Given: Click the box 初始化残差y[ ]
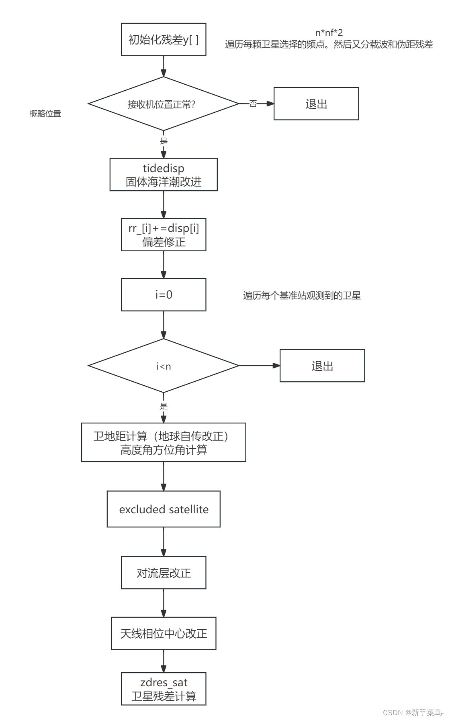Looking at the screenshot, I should (164, 39).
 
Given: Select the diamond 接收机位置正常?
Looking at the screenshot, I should (164, 104).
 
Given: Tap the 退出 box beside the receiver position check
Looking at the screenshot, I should (316, 104).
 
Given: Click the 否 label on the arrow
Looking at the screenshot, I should (253, 104).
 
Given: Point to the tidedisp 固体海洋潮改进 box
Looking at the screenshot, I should (164, 175).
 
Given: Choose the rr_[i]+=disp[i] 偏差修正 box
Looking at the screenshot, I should (164, 235).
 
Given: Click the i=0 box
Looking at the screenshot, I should (164, 295).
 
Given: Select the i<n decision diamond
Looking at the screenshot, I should (164, 366).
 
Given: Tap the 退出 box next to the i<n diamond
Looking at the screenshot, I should (322, 366).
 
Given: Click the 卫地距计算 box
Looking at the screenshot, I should (164, 442).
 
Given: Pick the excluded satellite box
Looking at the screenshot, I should (164, 509).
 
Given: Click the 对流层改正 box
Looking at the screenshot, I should (164, 573).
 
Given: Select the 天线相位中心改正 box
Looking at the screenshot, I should (164, 633).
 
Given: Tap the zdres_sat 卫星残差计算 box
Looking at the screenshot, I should (164, 689).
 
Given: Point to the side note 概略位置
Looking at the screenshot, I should (45, 114).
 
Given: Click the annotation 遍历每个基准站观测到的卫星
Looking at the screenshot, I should (302, 296).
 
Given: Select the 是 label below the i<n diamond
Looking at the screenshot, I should (164, 406).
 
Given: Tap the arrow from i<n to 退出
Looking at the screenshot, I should (259, 366).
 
